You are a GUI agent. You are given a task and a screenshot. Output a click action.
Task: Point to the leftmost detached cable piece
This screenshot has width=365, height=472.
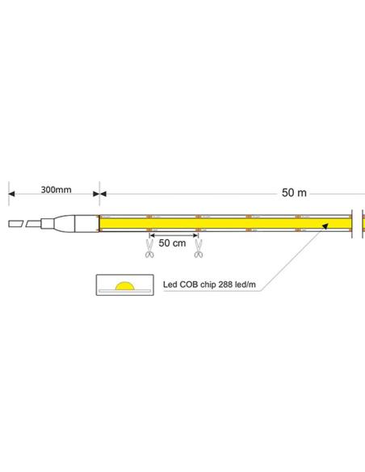pyautogui.click(x=17, y=222)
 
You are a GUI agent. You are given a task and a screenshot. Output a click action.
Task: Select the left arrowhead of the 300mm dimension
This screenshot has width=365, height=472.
pyautogui.click(x=12, y=193)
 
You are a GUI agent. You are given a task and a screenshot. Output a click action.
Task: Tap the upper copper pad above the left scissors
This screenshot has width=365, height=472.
pyautogui.click(x=149, y=217)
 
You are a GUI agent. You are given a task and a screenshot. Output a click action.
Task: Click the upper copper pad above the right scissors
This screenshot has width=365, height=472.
pyautogui.click(x=198, y=217)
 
